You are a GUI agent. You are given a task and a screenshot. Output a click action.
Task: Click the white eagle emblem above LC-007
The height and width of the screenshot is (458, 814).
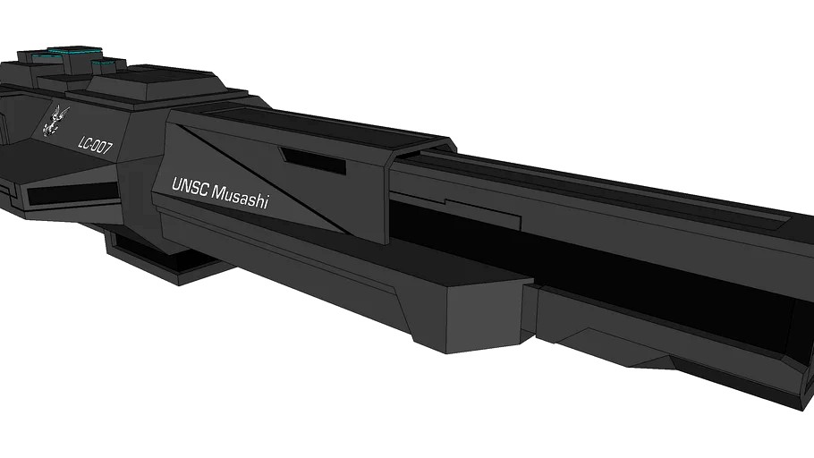[57, 120]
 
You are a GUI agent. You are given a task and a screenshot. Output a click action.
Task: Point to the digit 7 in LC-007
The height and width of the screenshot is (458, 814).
[108, 149]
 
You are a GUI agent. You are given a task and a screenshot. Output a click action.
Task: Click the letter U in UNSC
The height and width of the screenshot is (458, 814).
[176, 185]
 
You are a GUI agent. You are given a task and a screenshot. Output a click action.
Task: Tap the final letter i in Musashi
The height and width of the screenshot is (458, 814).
[265, 204]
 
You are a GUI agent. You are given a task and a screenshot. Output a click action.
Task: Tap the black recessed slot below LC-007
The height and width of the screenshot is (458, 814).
[67, 193]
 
